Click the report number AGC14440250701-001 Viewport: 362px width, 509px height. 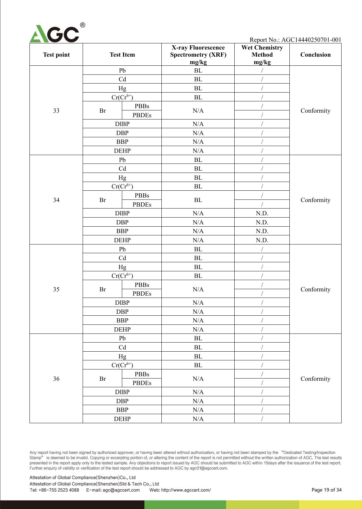(x=311, y=40)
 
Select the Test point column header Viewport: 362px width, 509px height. (x=56, y=55)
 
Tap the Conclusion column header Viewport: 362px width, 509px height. (x=315, y=55)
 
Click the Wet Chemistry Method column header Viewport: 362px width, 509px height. (x=262, y=55)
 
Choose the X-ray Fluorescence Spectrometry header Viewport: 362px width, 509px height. (x=198, y=55)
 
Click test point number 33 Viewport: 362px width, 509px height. (x=56, y=111)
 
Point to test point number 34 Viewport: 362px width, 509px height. (x=56, y=200)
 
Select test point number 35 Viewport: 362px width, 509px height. (x=56, y=289)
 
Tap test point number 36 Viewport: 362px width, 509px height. (x=56, y=379)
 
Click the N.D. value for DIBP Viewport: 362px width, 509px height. (x=262, y=213)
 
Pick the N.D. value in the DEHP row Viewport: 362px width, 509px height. (x=262, y=240)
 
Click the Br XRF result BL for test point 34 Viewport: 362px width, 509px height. (x=198, y=200)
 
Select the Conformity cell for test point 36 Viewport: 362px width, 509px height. (x=315, y=379)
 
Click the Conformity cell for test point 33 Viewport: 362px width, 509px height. (x=315, y=111)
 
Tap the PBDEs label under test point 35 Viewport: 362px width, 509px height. (x=142, y=294)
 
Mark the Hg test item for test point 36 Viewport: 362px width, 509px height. (x=122, y=356)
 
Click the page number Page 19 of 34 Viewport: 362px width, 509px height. (x=326, y=490)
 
